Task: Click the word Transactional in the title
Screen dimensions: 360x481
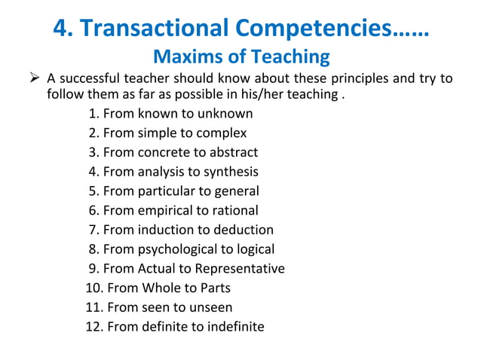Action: click(152, 28)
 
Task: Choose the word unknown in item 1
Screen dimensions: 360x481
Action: click(225, 114)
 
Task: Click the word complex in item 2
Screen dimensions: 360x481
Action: click(222, 133)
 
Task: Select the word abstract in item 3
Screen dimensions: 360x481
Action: click(234, 152)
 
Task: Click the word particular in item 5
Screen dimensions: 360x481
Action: click(164, 191)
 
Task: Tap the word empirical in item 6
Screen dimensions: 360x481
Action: click(165, 211)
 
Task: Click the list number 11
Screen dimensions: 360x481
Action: click(93, 307)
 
